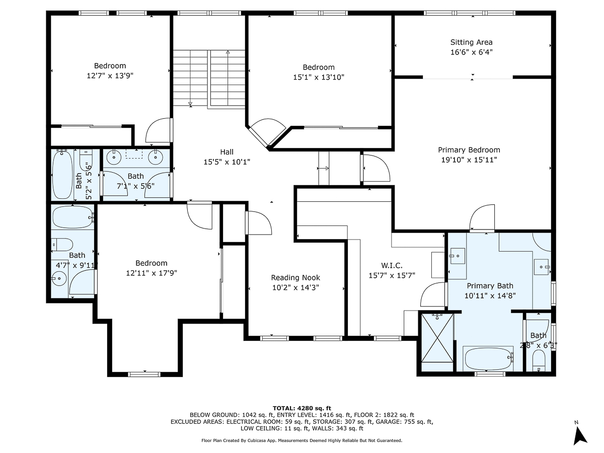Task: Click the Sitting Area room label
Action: click(x=471, y=42)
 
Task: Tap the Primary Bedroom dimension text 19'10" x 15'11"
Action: click(x=469, y=160)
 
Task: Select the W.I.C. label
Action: click(x=391, y=265)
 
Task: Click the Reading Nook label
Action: click(x=295, y=277)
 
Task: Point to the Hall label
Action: click(x=226, y=152)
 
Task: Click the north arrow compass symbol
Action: click(x=580, y=434)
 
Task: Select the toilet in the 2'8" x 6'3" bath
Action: click(x=538, y=360)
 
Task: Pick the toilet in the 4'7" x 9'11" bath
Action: click(x=61, y=245)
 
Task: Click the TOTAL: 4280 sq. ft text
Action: click(x=301, y=408)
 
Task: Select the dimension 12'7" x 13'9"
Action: click(x=110, y=75)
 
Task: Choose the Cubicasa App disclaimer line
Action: click(x=301, y=440)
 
